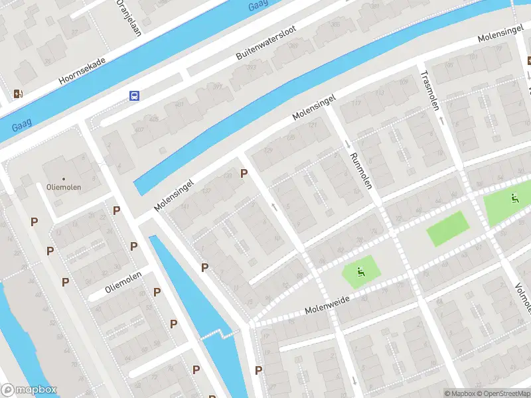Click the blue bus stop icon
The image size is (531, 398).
click(135, 96)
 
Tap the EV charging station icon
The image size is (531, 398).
click(18, 94)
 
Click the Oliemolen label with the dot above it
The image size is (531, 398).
click(64, 187)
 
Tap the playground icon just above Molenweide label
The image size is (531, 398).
click(360, 270)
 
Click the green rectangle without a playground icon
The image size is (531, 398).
click(447, 229)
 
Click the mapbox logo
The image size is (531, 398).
click(29, 390)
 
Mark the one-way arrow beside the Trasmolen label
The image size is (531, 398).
click(441, 120)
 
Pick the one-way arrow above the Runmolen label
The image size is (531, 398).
click(347, 145)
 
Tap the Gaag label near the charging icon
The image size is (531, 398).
click(21, 121)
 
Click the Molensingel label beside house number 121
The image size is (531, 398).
click(314, 107)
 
